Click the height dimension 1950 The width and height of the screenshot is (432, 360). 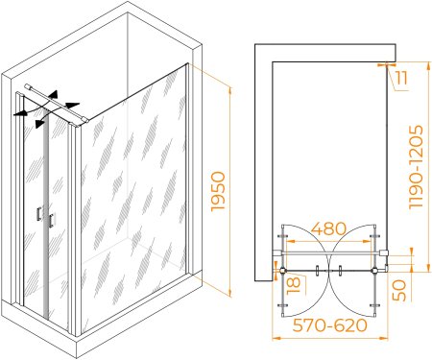click(219, 191)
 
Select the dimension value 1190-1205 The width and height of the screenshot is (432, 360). click(417, 167)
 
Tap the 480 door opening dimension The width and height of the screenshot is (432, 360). click(328, 228)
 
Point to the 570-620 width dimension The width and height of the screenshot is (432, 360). click(329, 325)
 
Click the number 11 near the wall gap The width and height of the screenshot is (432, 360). click(401, 78)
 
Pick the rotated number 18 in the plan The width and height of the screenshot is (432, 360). click(294, 285)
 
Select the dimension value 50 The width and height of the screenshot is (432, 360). click(399, 290)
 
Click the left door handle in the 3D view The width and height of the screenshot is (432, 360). click(39, 214)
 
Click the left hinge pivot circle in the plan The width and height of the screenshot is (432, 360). click(282, 271)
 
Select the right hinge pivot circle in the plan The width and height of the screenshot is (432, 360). click(374, 271)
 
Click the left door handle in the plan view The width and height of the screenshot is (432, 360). click(317, 271)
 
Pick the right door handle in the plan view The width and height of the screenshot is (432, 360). click(340, 271)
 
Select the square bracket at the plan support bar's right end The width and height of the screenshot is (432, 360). click(383, 252)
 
